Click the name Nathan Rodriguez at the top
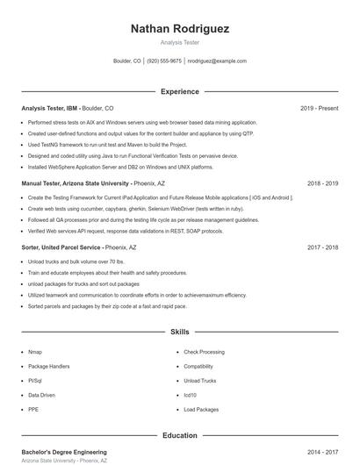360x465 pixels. click(x=179, y=29)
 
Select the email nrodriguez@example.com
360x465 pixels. click(x=217, y=61)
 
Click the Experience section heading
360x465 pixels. click(x=179, y=91)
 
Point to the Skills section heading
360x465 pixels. click(x=179, y=333)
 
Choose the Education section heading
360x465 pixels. click(x=179, y=435)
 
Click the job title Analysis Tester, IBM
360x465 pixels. click(x=50, y=108)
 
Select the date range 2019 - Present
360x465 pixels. click(x=319, y=108)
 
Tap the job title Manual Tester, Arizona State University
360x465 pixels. click(x=76, y=183)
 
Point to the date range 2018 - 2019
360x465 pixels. click(x=322, y=183)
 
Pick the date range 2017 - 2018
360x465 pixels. click(x=322, y=247)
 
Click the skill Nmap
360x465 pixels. click(x=35, y=352)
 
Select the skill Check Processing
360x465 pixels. click(x=204, y=352)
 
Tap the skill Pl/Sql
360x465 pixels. click(x=35, y=381)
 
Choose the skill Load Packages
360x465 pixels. click(x=201, y=410)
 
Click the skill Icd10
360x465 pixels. click(x=190, y=396)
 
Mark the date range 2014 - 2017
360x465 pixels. click(x=322, y=451)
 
